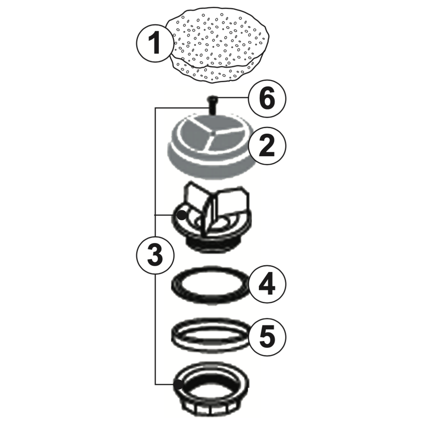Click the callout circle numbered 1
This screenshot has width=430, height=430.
coord(154,43)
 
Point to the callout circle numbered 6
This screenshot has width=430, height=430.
coord(267,99)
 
